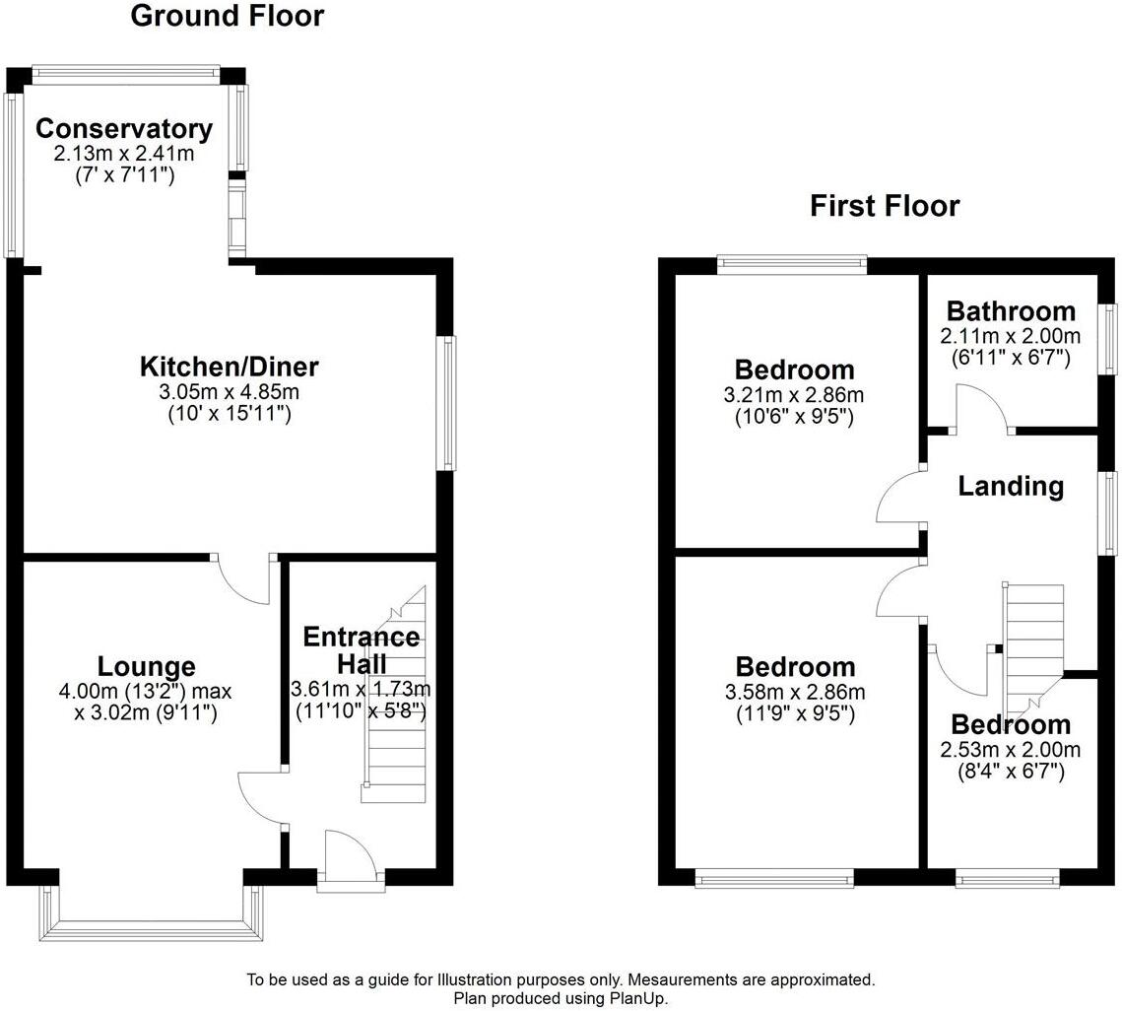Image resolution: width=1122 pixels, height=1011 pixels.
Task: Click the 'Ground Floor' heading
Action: pos(227,16)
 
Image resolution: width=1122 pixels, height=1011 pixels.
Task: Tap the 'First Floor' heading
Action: pos(884,206)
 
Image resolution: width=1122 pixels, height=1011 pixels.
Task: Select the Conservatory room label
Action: pos(123,129)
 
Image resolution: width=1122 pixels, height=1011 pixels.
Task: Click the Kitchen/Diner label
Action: pos(230,368)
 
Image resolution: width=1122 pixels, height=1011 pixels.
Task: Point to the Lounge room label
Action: pos(146,667)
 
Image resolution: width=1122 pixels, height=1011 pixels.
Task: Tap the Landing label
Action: pos(1011,486)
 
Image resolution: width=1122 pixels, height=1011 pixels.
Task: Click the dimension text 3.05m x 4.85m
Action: pos(230,392)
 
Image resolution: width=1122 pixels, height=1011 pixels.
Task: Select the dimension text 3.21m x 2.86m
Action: pos(794,395)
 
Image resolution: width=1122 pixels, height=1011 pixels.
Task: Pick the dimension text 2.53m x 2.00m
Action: pos(1010,750)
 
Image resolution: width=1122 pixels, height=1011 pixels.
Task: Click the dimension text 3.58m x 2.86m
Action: pos(794,692)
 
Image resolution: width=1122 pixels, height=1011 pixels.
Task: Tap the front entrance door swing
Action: pos(350,853)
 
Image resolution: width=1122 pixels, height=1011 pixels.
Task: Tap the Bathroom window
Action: pos(1109,338)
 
